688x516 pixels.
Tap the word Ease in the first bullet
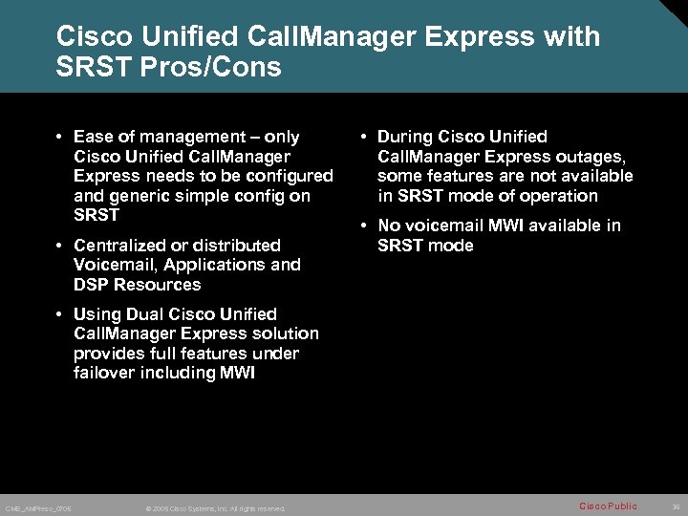(x=93, y=137)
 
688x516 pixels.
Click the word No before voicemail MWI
(x=389, y=226)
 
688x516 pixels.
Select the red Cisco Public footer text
(x=608, y=505)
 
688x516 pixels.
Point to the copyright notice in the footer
(x=215, y=508)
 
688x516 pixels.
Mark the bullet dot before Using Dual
(x=59, y=314)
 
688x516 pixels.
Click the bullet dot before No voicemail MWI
(x=363, y=226)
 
